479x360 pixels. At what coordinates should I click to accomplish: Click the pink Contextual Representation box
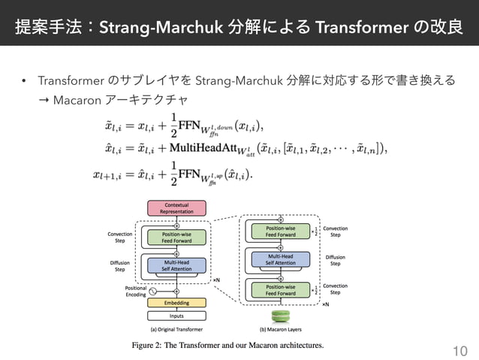[176, 208]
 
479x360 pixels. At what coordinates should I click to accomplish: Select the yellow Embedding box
[176, 302]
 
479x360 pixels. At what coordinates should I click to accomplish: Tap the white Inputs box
[176, 316]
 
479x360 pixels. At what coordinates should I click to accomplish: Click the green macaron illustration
[281, 316]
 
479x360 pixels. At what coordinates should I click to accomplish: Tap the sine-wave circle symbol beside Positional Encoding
[154, 291]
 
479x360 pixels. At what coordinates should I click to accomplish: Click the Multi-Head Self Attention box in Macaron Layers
[281, 259]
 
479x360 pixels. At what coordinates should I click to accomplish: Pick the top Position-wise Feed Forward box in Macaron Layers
[281, 231]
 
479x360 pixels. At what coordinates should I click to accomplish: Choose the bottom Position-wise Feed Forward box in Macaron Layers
[281, 289]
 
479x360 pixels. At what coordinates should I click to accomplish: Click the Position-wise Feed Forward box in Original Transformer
[176, 237]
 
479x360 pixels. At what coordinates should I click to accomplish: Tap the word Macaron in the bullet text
[74, 98]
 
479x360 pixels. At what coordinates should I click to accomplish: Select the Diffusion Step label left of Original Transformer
[119, 265]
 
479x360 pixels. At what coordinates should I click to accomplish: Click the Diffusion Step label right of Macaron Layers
[336, 261]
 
